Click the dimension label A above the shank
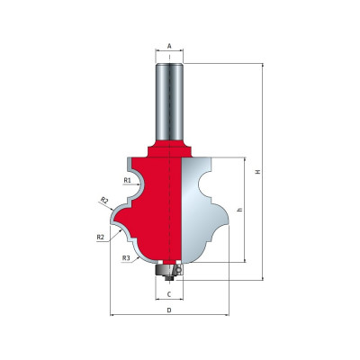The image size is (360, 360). (169, 46)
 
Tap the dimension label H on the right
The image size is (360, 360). (257, 172)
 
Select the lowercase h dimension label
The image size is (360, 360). (239, 210)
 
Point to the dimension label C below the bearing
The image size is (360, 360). (169, 294)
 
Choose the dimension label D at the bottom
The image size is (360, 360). (169, 310)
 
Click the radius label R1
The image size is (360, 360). (128, 180)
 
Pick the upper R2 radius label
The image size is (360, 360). (104, 200)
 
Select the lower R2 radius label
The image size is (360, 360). (101, 237)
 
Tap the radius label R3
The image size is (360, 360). (126, 257)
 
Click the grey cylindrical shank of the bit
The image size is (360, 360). (169, 102)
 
